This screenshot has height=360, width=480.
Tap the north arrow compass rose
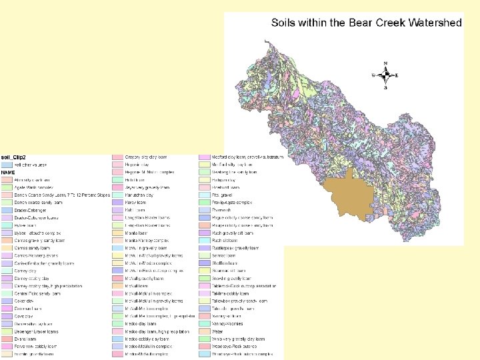(x=385, y=75)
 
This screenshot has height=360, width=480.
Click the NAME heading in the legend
(x=8, y=172)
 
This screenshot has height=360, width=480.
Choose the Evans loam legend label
(x=25, y=339)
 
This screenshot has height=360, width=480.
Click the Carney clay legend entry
(x=25, y=271)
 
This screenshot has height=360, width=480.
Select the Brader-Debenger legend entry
(x=33, y=210)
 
